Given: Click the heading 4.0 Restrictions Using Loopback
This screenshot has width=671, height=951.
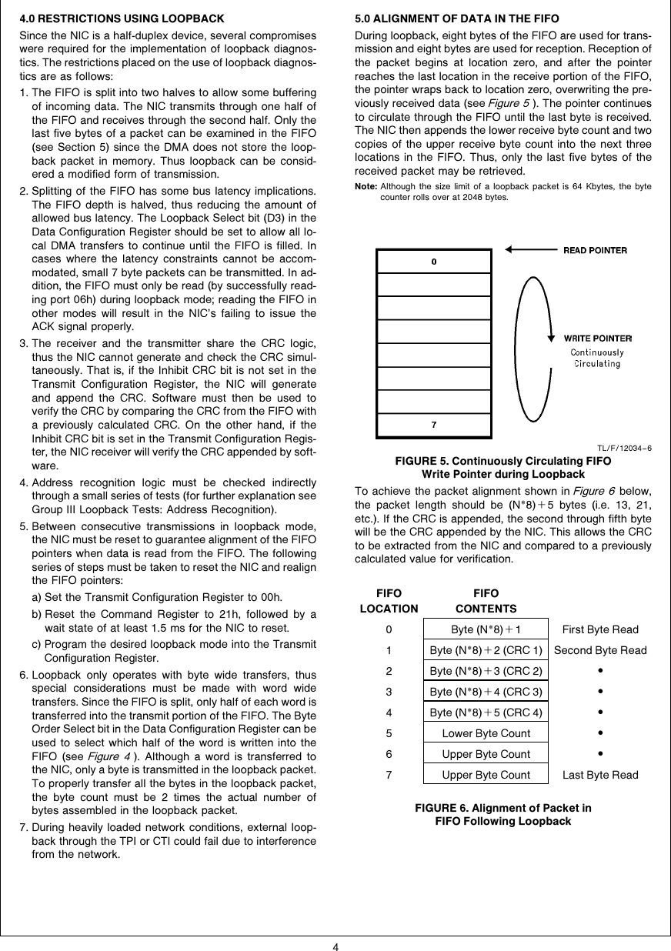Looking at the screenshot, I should click(122, 18).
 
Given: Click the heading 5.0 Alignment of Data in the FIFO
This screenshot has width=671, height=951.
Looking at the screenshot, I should click(456, 18).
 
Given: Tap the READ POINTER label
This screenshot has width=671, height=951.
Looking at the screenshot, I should click(595, 250).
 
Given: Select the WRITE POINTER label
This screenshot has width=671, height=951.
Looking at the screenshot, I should click(598, 338).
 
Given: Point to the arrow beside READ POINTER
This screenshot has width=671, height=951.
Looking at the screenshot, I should click(531, 249).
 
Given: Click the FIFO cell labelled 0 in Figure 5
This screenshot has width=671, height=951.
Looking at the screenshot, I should click(434, 262).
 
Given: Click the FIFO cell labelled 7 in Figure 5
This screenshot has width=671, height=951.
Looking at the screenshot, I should click(434, 425).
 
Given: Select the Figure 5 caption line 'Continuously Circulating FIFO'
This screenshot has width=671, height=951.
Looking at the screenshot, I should click(503, 461).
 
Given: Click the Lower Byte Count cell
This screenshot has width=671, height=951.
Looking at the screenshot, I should click(486, 733).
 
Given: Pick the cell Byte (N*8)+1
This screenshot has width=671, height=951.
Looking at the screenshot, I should click(486, 629).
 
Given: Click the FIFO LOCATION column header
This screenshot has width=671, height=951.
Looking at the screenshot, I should click(389, 601).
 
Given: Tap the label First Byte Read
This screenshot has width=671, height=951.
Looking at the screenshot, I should click(600, 629).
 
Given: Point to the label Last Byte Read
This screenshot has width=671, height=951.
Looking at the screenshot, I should click(600, 775).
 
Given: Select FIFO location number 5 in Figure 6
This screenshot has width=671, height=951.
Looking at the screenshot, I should click(389, 733).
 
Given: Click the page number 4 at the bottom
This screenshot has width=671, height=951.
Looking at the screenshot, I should click(335, 946).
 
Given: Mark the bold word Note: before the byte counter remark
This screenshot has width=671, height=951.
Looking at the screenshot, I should click(365, 187).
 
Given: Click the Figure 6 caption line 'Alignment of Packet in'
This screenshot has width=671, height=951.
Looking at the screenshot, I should click(503, 808).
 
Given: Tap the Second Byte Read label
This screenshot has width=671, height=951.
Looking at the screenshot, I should click(600, 650).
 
